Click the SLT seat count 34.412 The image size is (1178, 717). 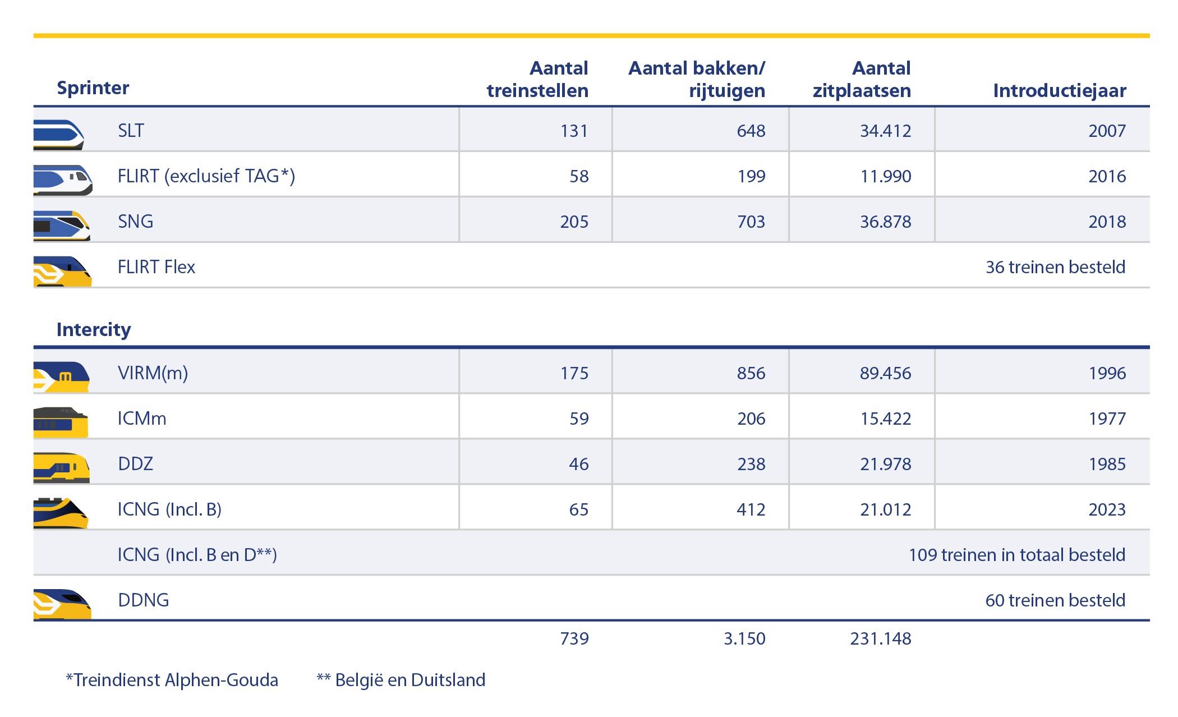885,131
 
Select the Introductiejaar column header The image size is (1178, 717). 1059,90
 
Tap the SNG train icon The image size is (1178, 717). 62,225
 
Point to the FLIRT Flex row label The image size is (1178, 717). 156,266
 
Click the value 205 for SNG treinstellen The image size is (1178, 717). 574,222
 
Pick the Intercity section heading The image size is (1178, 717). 94,329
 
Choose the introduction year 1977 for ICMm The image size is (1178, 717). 1107,419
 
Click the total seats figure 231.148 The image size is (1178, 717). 880,638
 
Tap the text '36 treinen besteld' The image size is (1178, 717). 1055,266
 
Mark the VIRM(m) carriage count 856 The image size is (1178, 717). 751,373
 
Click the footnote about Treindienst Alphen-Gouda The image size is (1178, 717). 172,680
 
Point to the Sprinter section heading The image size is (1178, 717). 93,88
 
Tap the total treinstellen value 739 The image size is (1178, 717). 574,638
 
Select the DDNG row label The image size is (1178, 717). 143,600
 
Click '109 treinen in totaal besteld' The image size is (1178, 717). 1016,554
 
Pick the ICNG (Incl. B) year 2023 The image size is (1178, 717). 1107,509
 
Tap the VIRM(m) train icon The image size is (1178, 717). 62,376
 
